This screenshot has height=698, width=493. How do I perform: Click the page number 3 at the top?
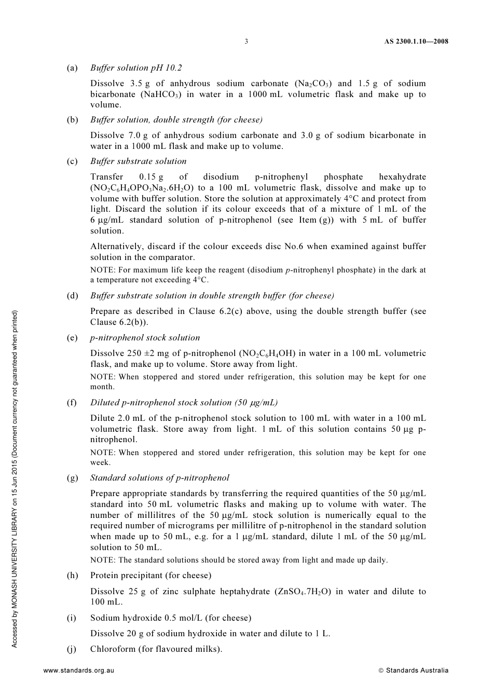pos(246,42)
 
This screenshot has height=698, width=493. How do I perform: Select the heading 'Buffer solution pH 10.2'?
pos(136,67)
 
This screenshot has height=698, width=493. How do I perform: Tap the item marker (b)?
pos(72,119)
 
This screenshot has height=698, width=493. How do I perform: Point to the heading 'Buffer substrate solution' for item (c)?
pos(138,161)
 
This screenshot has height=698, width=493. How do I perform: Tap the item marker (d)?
pos(72,295)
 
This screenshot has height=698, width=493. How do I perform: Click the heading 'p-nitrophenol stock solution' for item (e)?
pos(145,337)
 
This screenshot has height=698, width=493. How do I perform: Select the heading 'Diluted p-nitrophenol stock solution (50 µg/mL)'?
pos(184,402)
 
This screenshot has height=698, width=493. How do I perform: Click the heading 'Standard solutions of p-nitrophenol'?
pos(159,477)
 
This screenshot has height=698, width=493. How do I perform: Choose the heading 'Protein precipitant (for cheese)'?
pos(150,575)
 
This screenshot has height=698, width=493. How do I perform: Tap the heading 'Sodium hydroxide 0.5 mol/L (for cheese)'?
pos(170,618)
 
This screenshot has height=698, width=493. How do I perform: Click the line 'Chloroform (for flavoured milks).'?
pos(156,649)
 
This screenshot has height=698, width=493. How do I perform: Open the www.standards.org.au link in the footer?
pos(78,670)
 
